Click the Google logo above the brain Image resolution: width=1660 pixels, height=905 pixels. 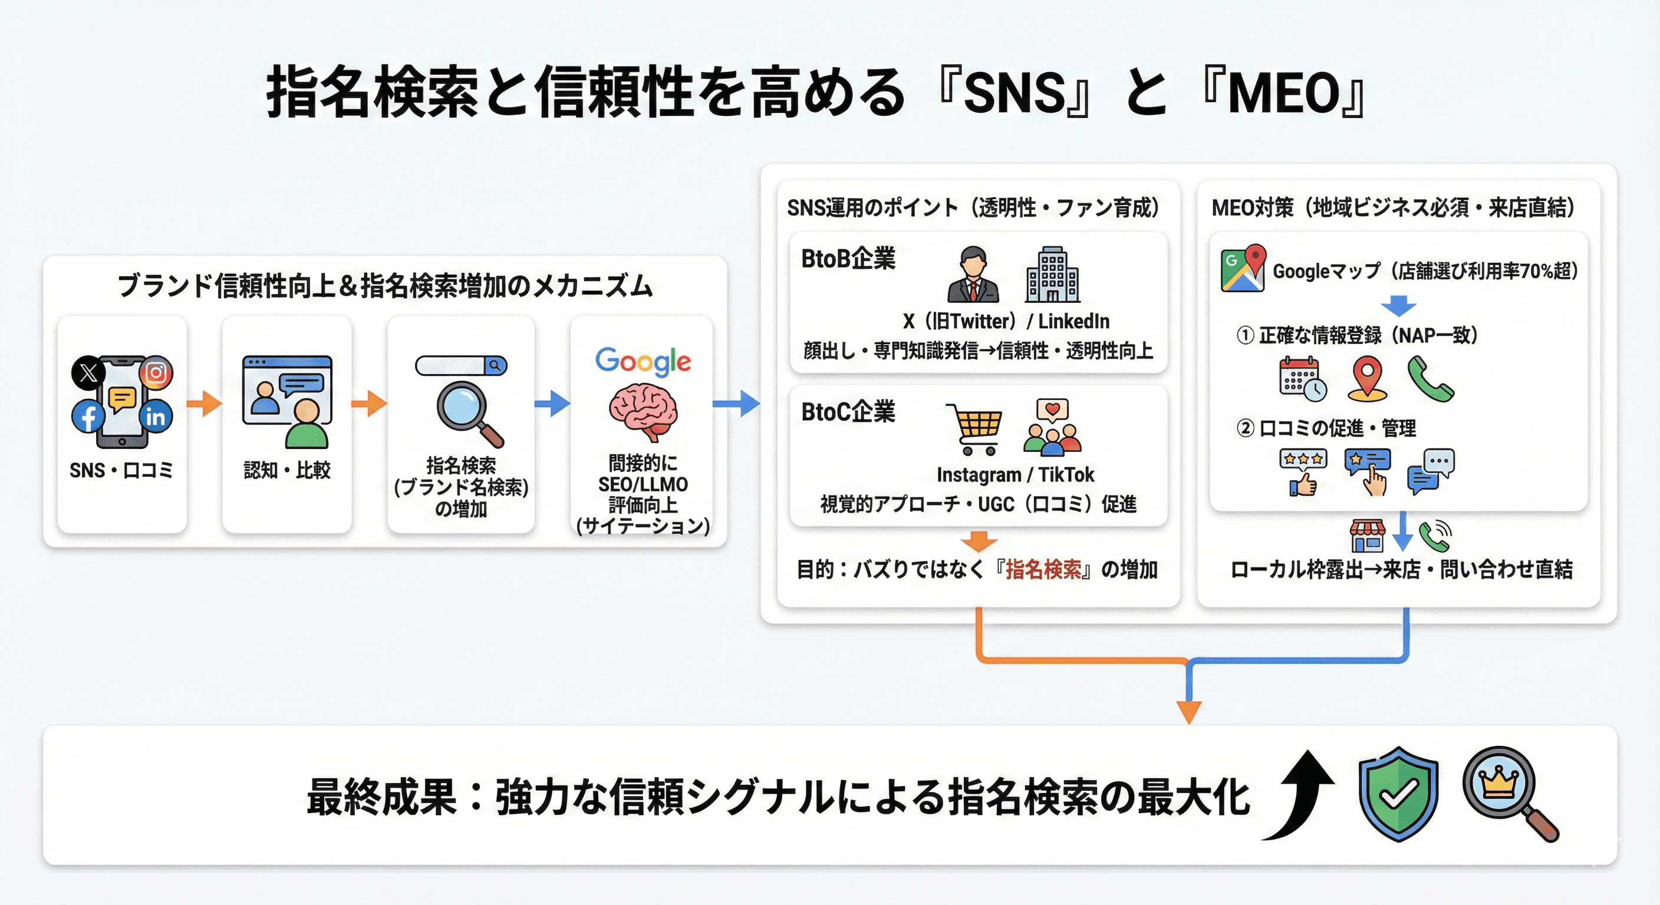click(643, 361)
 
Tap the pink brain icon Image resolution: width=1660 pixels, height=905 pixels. click(643, 411)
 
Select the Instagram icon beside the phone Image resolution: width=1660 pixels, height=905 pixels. click(156, 372)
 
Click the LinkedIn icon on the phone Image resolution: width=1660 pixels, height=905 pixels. click(155, 417)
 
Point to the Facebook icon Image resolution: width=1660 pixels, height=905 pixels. click(88, 416)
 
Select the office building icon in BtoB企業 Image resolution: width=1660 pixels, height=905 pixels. click(1052, 275)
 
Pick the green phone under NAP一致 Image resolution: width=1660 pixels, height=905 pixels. click(1430, 380)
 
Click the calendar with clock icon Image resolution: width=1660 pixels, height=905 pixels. click(1302, 379)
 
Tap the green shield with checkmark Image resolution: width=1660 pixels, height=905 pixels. click(1398, 794)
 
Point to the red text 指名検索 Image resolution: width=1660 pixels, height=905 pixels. click(1043, 569)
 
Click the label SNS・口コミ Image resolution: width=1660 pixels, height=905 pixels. click(121, 470)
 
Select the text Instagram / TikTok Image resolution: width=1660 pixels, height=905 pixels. click(1015, 475)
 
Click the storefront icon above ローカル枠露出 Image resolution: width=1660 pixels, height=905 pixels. click(1367, 536)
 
